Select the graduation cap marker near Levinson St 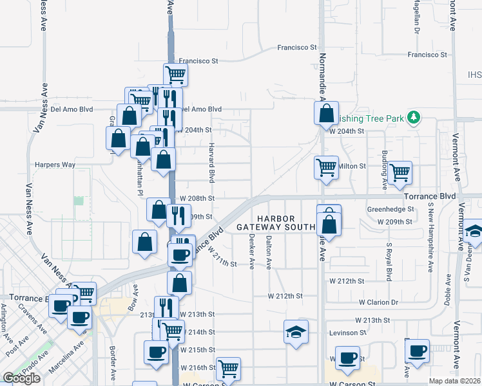tap(296, 332)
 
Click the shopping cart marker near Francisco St tap(175, 75)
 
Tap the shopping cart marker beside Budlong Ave tap(400, 172)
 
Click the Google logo tap(21, 378)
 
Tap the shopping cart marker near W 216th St tap(228, 369)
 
